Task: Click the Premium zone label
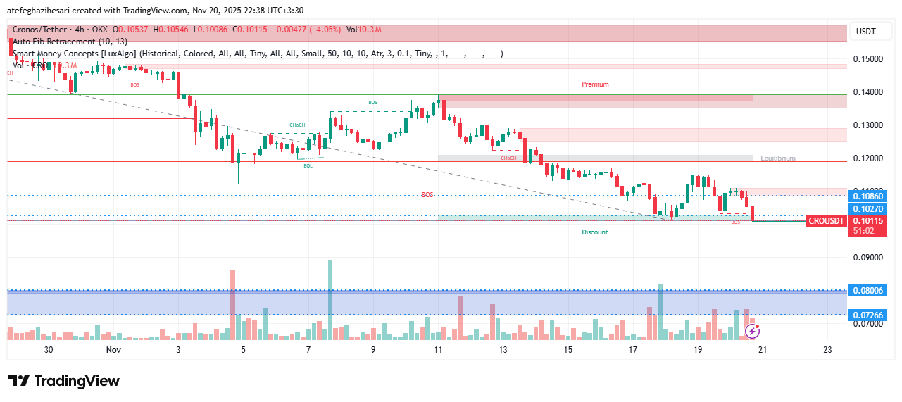[x=595, y=84]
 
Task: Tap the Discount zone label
[x=594, y=232]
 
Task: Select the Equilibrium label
[x=777, y=158]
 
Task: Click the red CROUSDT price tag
[x=826, y=221]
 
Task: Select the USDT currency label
[x=865, y=32]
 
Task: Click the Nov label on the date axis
[x=113, y=349]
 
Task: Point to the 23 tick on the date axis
[x=827, y=349]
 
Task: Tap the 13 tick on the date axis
[x=503, y=349]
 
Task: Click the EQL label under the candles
[x=308, y=166]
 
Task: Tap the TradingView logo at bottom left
[x=64, y=381]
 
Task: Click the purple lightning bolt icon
[x=752, y=330]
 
